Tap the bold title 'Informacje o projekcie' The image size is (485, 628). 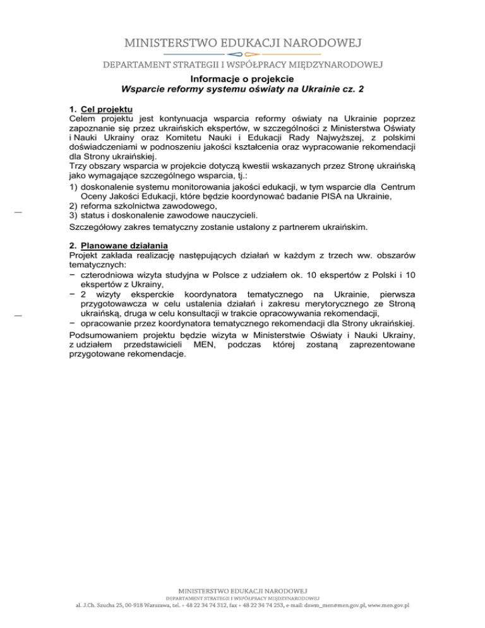[x=242, y=80]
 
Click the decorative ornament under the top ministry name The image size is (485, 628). [x=242, y=54]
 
